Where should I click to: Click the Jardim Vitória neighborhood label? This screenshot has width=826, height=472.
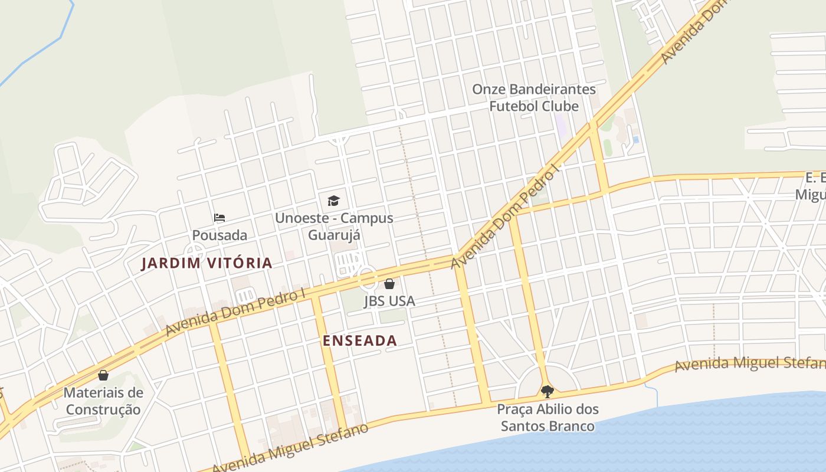[x=206, y=263]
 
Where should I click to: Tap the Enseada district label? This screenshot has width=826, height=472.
[x=360, y=340]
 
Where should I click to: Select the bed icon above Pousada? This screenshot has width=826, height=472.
[x=219, y=218]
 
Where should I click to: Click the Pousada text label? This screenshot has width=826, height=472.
[x=219, y=235]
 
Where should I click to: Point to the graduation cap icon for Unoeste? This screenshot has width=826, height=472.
[x=333, y=201]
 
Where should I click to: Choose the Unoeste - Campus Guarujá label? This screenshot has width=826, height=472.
[x=334, y=227]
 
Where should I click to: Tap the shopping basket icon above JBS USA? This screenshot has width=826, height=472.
[x=389, y=284]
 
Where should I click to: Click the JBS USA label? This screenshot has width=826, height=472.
[x=389, y=301]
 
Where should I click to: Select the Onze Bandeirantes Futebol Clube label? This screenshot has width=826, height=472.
[x=534, y=98]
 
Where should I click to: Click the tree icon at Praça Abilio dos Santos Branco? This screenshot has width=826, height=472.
[x=548, y=391]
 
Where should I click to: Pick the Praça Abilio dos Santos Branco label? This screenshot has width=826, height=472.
[x=548, y=417]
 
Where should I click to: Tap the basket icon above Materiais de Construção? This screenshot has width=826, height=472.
[x=103, y=375]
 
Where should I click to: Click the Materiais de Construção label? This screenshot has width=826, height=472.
[x=103, y=401]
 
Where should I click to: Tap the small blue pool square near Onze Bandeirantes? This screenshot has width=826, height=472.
[x=635, y=140]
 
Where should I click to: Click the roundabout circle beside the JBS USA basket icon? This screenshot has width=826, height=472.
[x=367, y=276]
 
